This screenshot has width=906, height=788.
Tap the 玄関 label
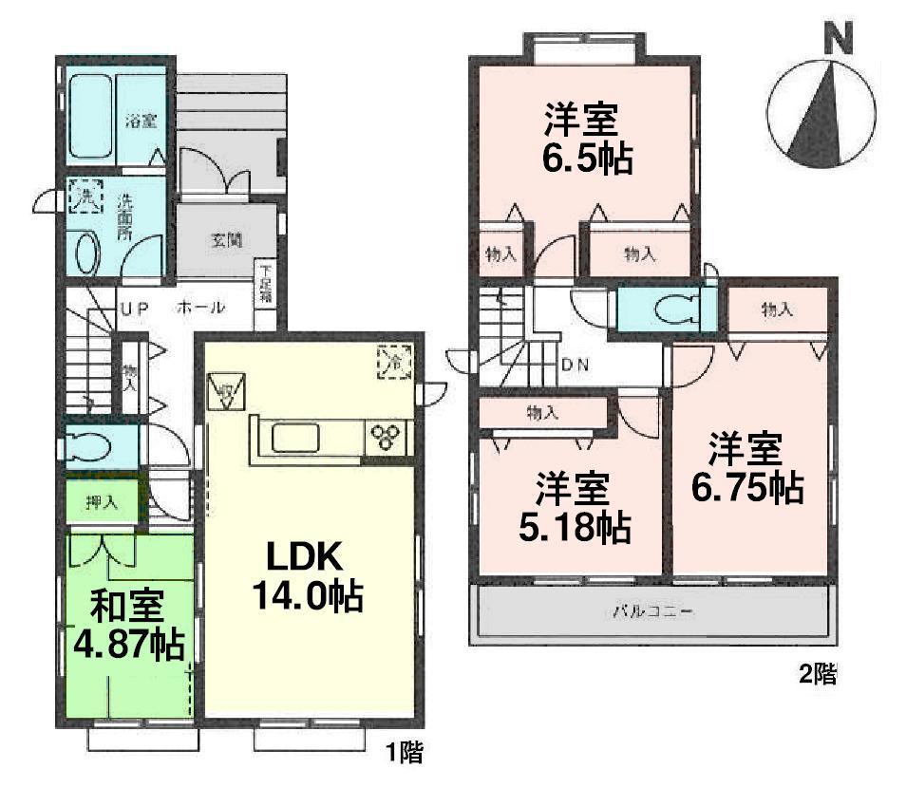click(x=224, y=240)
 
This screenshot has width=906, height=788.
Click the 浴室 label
click(x=142, y=121)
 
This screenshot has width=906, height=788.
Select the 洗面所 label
click(x=124, y=216)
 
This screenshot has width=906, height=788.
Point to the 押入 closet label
click(x=101, y=503)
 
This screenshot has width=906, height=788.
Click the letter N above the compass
click(x=837, y=38)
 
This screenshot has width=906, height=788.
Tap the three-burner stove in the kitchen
click(x=387, y=438)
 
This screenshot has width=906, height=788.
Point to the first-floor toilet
click(x=96, y=445)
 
